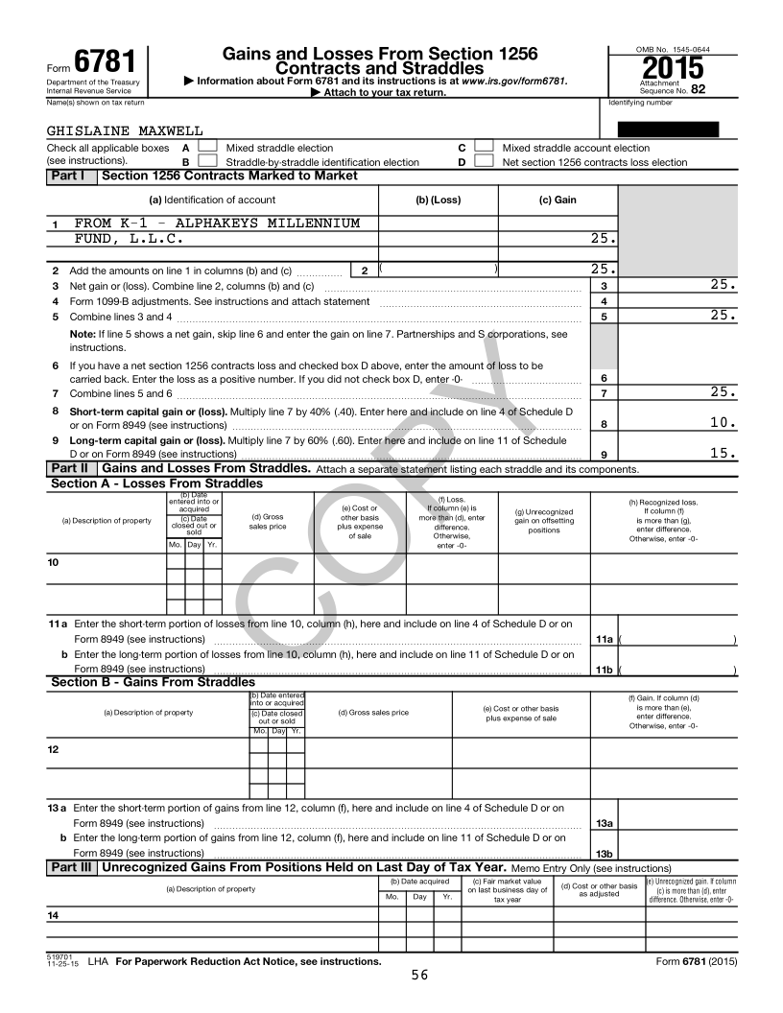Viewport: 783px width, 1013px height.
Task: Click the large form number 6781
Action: [x=105, y=63]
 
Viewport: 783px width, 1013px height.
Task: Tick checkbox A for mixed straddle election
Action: [x=207, y=148]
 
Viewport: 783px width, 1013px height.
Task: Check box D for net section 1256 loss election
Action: [x=485, y=161]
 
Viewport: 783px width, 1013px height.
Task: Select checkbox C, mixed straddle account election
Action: [x=485, y=148]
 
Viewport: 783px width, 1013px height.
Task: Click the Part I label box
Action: [x=72, y=176]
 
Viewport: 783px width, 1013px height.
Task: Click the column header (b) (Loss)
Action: [x=438, y=200]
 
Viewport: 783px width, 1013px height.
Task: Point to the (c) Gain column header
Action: [x=558, y=200]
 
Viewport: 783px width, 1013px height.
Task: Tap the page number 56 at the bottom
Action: [x=419, y=976]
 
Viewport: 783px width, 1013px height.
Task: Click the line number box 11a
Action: [x=604, y=639]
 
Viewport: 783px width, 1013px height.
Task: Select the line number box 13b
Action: [x=604, y=853]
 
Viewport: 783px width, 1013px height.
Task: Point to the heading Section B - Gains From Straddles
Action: [x=153, y=682]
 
